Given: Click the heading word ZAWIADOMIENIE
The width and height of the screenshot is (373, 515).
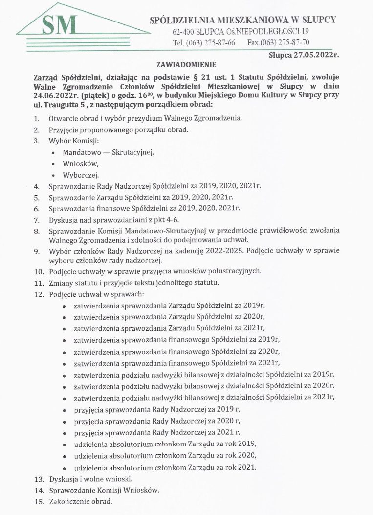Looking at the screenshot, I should tap(186, 64).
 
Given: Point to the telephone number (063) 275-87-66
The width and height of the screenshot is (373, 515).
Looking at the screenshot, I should tap(211, 43).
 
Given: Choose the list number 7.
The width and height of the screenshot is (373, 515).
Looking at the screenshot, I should tap(37, 220).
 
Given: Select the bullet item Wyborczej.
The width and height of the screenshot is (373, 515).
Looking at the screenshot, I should tap(81, 175).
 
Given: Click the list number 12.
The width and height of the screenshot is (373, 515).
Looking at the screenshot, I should tap(38, 294).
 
